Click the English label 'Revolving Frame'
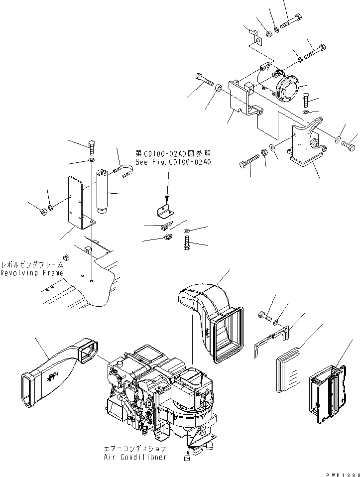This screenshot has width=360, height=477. (32, 273)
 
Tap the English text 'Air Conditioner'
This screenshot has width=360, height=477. (135, 457)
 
